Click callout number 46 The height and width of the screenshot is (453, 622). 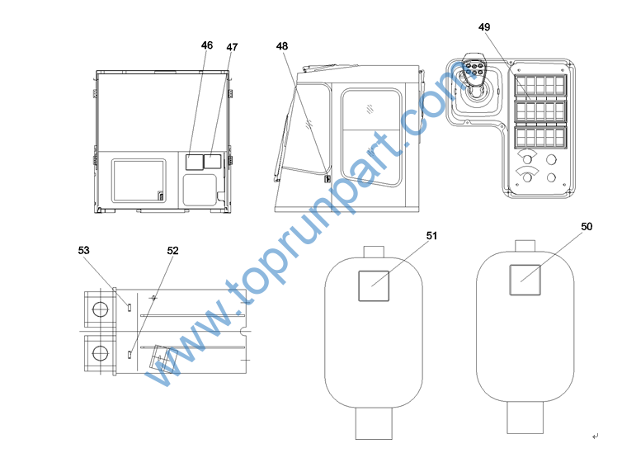tap(207, 45)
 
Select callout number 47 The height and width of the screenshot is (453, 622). tap(232, 47)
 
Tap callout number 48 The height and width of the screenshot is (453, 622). tap(282, 46)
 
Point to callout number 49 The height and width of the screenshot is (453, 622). tap(484, 27)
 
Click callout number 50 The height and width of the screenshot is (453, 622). tap(587, 226)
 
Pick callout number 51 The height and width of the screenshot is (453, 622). tap(431, 236)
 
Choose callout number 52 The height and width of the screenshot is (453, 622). tap(173, 251)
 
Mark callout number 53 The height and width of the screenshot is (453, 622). tap(83, 250)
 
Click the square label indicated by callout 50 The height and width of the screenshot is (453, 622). tap(525, 280)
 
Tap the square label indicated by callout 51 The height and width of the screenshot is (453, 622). tap(374, 285)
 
